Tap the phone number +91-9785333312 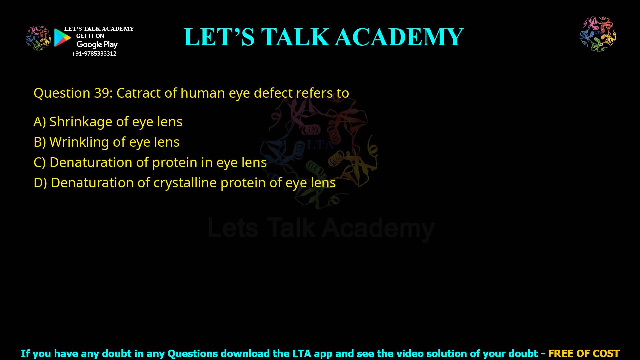point(94,54)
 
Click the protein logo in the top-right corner point(598,34)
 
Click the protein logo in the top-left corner point(38,38)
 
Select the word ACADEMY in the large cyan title point(399,37)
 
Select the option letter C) point(39,163)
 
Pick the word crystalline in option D point(185,183)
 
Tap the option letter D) point(40,183)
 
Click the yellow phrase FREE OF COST point(583,353)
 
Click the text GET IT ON point(90,36)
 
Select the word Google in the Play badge point(89,45)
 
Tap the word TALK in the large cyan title point(295,37)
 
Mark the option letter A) point(39,122)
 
